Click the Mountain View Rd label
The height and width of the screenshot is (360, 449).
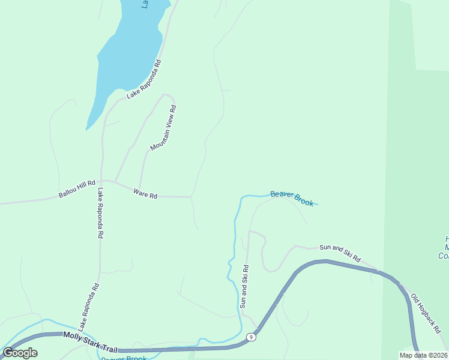pos(163,128)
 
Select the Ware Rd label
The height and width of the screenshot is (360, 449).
pos(145,194)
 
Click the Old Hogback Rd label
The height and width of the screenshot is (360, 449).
pos(426,314)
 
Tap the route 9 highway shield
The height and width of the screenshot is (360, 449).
pos(252,338)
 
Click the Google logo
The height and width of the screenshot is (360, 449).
pos(20,352)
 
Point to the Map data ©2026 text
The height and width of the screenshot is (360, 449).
pos(423,355)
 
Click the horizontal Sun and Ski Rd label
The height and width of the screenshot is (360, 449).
pos(340,252)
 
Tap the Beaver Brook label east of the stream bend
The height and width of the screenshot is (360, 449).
pos(292,198)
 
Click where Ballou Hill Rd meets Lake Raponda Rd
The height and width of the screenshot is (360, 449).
pos(103,181)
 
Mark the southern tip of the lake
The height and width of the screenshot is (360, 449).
pos(88,128)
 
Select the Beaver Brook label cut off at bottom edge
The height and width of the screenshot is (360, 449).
pos(124,358)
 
